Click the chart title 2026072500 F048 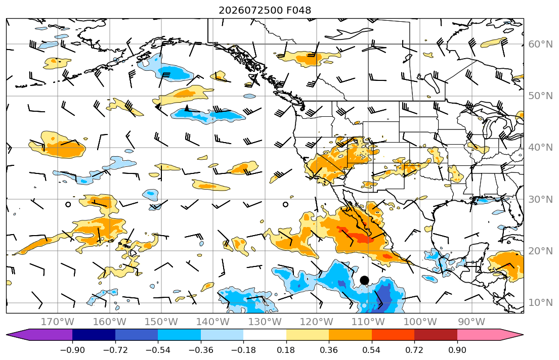265,10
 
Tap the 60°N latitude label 540,44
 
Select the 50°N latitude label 540,96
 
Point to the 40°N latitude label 540,148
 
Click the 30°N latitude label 540,199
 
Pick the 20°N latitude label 540,251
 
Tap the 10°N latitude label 540,303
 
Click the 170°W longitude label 58,322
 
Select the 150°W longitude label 161,322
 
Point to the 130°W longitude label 265,322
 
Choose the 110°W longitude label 368,322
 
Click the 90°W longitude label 471,322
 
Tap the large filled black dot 364,280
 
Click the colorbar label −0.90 72,350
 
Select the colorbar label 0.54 371,350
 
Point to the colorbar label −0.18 243,350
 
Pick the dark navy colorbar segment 94,335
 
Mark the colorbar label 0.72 414,350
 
